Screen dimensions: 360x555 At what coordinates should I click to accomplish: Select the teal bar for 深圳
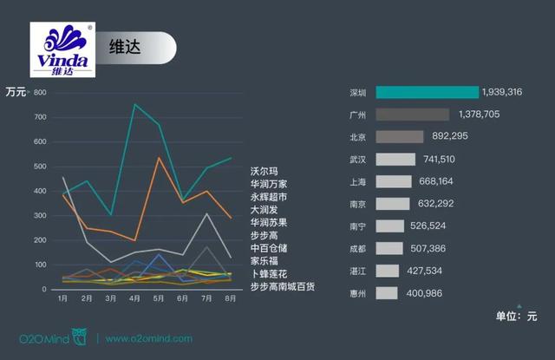point(428,92)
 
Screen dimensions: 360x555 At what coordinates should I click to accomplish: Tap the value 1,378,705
point(479,115)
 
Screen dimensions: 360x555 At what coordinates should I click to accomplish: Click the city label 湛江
point(357,271)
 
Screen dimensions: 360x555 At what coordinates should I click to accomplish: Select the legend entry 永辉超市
point(268,197)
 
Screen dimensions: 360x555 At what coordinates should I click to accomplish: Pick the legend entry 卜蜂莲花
point(268,273)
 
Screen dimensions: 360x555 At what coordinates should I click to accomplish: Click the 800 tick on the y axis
point(40,92)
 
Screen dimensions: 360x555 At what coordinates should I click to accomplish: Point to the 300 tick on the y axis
point(40,215)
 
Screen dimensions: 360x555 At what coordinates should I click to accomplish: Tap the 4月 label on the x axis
point(135,299)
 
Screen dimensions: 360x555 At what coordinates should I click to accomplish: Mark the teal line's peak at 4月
point(134,105)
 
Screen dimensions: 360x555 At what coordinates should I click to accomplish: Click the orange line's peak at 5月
point(159,157)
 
